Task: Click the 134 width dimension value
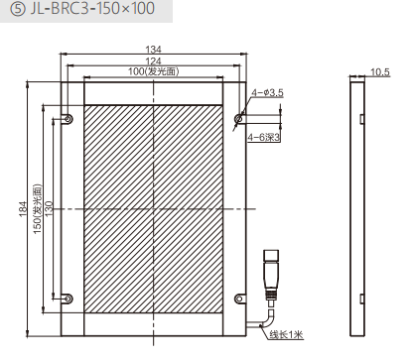(153, 50)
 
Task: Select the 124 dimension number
(153, 61)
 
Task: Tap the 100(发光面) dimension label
(153, 71)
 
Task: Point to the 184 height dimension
(23, 208)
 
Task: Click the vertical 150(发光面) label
(38, 208)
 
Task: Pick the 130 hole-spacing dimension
(49, 208)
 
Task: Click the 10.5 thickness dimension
(380, 72)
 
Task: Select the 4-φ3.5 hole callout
(267, 92)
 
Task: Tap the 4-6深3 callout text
(264, 137)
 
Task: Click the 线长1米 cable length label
(286, 334)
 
